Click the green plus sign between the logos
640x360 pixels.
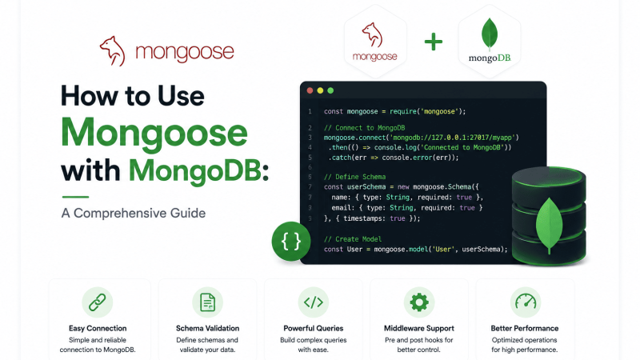click(433, 42)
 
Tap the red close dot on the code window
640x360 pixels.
click(310, 90)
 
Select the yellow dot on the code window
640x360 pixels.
click(320, 90)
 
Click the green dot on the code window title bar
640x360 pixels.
click(330, 90)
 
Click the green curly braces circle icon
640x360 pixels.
click(291, 242)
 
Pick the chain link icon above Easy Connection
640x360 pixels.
click(97, 302)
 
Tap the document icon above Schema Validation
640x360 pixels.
click(207, 302)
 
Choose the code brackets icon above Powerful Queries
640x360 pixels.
click(313, 302)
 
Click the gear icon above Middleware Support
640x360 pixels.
click(418, 302)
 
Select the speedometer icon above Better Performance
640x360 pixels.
click(526, 302)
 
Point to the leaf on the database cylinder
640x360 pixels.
click(549, 225)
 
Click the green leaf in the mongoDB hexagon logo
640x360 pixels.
click(490, 34)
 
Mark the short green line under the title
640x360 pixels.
click(75, 197)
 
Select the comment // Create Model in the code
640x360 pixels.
click(353, 239)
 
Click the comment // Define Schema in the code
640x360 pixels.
click(354, 177)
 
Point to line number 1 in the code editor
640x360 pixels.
click(310, 111)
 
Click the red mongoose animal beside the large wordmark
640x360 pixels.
click(113, 51)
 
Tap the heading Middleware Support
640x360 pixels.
click(418, 328)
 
